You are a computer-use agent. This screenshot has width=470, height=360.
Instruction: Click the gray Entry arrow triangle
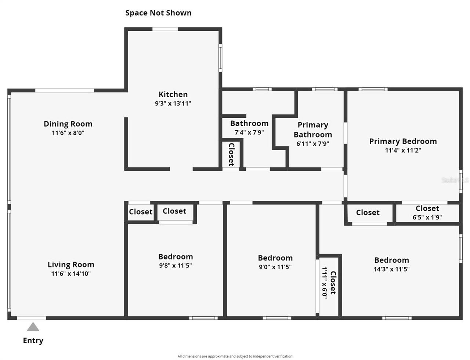[33, 327]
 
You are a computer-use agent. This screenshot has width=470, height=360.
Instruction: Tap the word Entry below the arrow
[33, 341]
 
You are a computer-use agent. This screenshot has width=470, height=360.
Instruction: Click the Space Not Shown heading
[158, 13]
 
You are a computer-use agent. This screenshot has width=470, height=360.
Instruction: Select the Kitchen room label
[173, 94]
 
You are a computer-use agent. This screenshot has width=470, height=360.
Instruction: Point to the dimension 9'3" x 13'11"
[173, 103]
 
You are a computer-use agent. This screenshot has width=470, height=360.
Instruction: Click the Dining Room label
[68, 124]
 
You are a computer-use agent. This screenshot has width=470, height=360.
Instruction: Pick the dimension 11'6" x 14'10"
[71, 273]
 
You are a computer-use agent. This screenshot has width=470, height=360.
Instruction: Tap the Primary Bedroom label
[403, 141]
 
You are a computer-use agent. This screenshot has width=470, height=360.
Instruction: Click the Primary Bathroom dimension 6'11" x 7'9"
[312, 144]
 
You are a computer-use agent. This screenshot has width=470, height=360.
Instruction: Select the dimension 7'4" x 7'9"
[249, 132]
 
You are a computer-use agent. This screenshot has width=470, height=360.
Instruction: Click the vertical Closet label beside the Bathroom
[231, 154]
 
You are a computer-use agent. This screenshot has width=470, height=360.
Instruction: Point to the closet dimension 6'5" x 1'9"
[427, 217]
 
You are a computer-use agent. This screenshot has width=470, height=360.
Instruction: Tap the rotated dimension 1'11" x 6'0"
[325, 283]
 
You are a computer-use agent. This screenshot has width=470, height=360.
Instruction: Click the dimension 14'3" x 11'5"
[391, 269]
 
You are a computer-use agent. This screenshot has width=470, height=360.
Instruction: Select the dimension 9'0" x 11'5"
[275, 267]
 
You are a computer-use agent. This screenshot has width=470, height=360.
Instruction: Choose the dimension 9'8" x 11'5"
[176, 266]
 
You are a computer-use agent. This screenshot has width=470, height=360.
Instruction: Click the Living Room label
[71, 265]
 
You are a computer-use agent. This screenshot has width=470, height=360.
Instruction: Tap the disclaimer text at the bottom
[235, 356]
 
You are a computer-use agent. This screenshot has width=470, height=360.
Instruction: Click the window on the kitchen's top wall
[165, 29]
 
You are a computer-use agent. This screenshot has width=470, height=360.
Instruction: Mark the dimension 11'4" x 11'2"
[403, 150]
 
